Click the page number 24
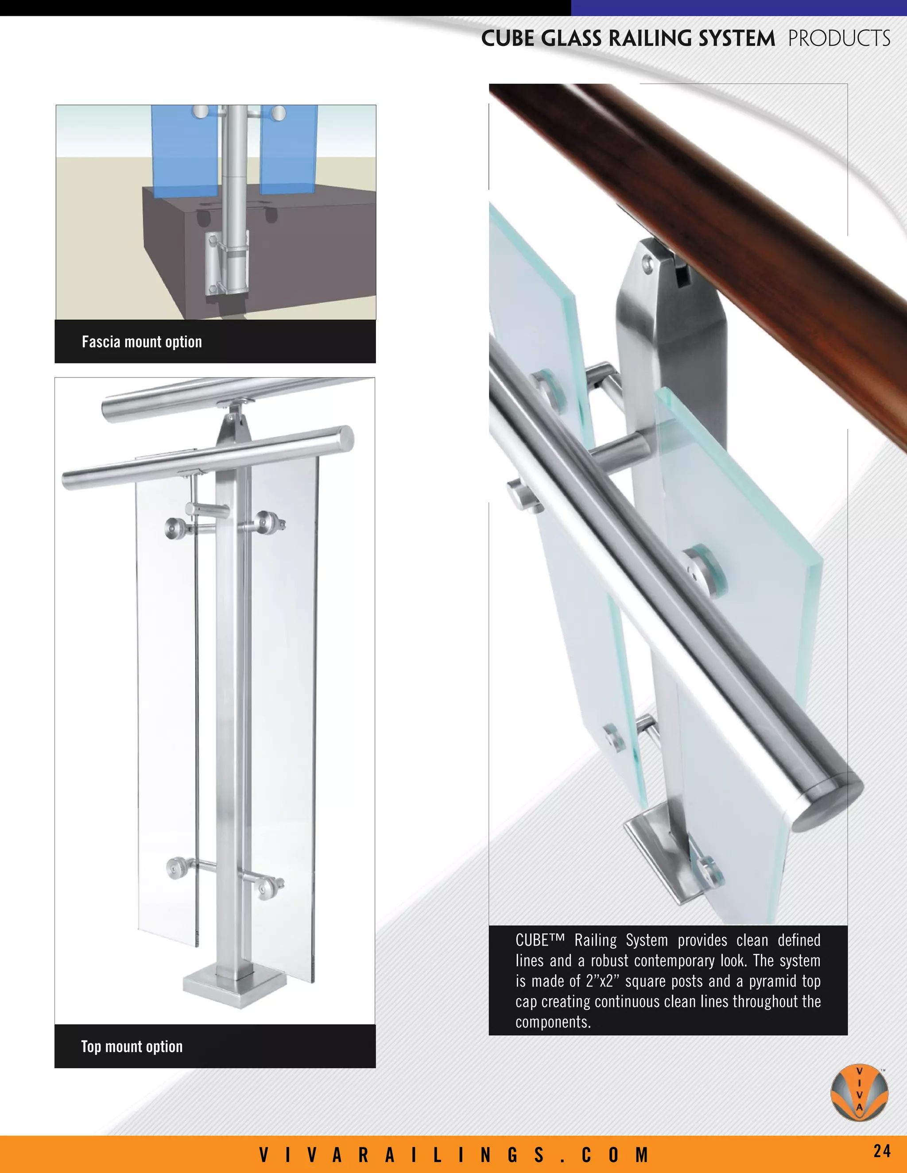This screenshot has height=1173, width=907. click(x=882, y=1150)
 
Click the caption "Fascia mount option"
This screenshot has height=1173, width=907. click(x=142, y=342)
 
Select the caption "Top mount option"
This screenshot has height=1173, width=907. click(x=132, y=1046)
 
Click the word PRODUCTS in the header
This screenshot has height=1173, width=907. click(x=839, y=39)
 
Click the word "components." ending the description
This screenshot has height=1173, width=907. click(x=553, y=1022)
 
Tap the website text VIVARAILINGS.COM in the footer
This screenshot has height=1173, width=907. click(x=454, y=1154)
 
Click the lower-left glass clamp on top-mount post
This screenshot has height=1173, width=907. click(x=175, y=868)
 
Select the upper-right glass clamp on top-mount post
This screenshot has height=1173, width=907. click(x=267, y=521)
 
